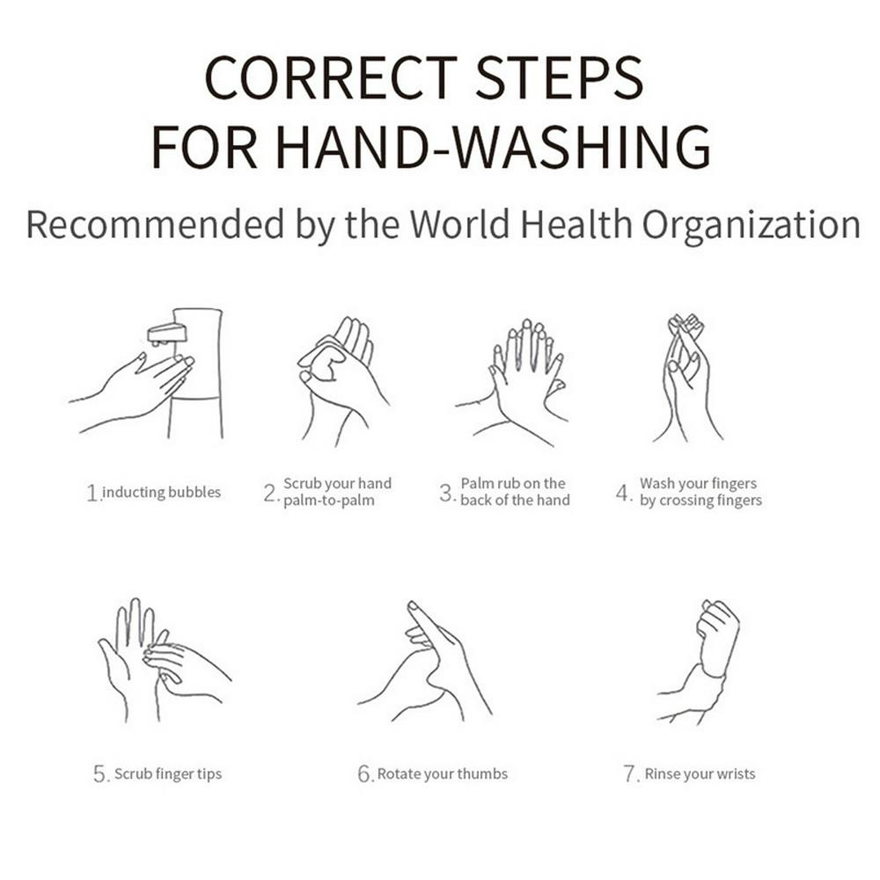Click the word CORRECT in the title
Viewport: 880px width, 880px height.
331,77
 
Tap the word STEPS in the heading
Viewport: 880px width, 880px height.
560,77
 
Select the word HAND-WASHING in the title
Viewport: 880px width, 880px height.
494,146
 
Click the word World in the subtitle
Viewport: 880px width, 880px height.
459,224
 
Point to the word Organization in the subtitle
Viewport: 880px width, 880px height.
751,227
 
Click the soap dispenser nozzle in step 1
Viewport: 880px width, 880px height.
166,334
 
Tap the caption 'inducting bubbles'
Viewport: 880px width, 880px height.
162,492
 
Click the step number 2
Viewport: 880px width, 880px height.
270,494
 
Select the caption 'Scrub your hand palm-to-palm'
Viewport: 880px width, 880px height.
337,492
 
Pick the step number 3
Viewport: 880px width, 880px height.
447,494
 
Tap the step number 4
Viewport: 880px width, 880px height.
624,494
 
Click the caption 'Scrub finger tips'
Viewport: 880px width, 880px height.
168,774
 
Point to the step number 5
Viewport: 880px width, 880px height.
101,774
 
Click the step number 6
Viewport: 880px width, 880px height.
365,774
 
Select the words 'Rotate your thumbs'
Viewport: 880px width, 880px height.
443,774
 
